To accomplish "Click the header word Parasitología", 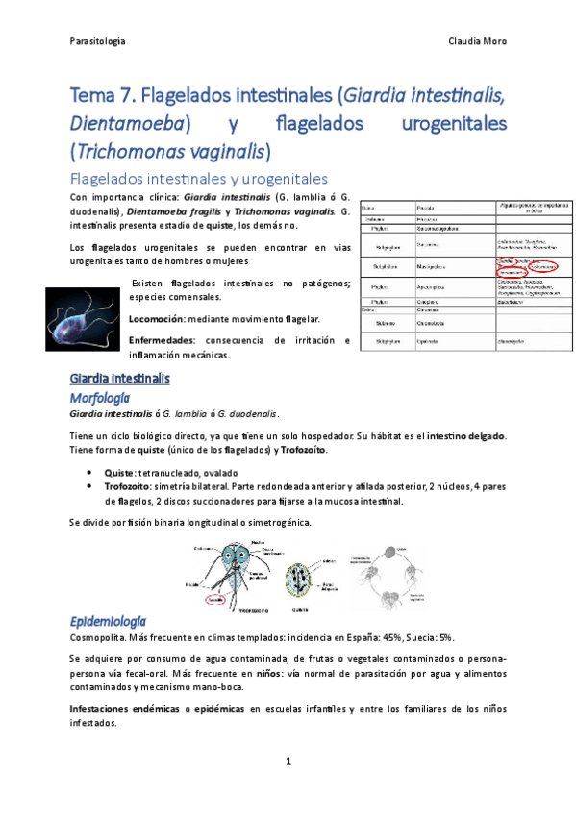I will [99, 42].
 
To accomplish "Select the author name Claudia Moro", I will [478, 42].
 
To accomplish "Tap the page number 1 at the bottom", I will [288, 761].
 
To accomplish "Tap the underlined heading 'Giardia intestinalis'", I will [120, 379].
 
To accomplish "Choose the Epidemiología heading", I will [109, 619].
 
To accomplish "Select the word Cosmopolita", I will [99, 637].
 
